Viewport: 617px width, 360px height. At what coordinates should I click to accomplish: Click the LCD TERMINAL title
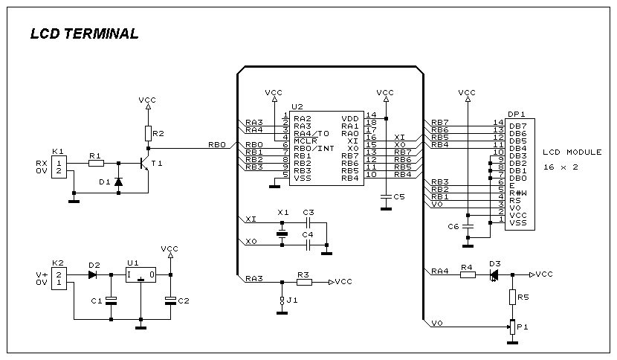84,33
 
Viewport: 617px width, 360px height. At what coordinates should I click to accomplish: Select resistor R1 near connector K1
96,163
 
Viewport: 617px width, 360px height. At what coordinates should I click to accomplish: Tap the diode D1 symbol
118,181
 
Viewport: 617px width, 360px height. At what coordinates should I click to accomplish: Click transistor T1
145,164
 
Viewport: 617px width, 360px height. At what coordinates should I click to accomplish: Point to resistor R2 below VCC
149,134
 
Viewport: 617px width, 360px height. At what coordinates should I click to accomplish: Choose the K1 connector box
59,167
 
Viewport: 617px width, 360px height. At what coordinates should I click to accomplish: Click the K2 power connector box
59,278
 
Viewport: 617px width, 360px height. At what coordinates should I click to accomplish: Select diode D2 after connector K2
92,275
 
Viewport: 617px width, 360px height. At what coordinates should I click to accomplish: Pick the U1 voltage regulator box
141,275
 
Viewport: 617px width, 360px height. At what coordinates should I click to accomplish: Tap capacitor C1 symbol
112,301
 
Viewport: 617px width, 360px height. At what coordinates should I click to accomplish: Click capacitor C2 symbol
170,301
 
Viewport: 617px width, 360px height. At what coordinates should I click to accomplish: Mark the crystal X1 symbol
282,234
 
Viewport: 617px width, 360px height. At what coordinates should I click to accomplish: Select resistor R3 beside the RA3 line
304,282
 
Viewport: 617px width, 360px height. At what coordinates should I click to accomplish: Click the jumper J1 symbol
282,300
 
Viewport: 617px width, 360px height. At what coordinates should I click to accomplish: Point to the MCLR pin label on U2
305,141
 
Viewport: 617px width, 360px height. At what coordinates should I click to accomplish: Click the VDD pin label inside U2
350,118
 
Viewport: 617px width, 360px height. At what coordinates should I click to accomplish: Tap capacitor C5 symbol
386,196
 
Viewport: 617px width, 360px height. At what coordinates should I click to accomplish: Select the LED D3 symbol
494,275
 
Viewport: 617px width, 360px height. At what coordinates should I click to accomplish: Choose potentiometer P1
512,327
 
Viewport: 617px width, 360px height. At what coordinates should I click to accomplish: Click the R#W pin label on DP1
518,193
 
